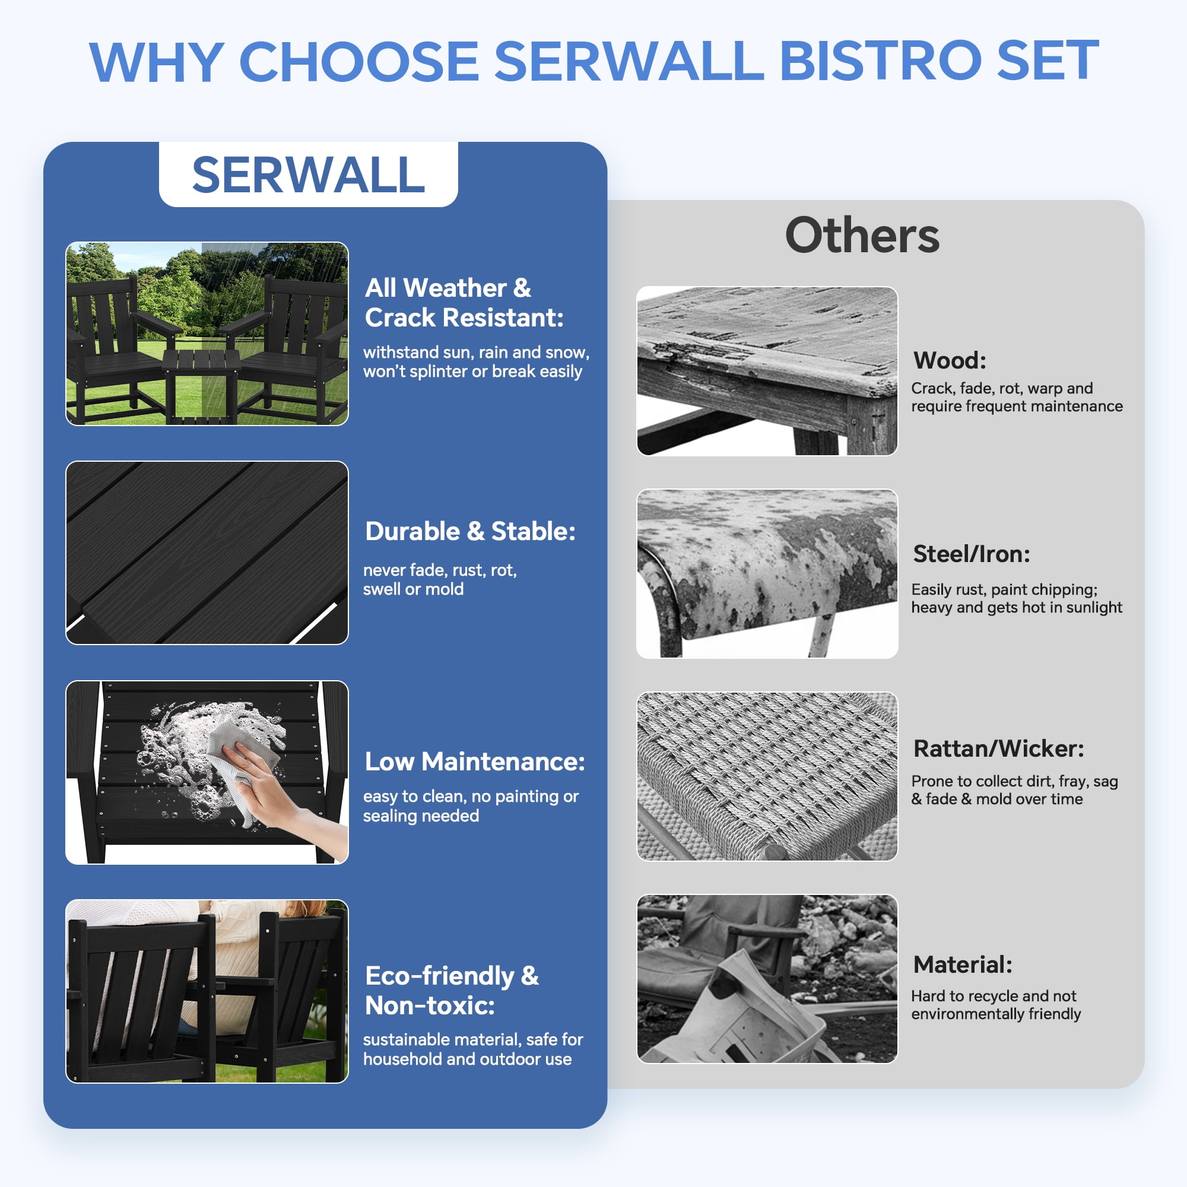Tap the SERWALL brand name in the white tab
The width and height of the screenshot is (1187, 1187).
[309, 175]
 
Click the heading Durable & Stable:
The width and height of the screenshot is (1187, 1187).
[470, 531]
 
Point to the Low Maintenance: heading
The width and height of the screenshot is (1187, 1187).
[475, 761]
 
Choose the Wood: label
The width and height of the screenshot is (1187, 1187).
[949, 360]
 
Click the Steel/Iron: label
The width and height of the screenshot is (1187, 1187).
[972, 554]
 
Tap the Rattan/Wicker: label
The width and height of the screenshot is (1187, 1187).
[999, 749]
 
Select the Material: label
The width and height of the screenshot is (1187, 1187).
[963, 964]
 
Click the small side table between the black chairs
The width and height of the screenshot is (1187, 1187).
[201, 384]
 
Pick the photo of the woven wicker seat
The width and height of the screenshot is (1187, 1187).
[767, 776]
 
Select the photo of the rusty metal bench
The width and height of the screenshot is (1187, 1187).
[767, 574]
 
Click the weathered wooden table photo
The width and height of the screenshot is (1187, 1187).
[767, 371]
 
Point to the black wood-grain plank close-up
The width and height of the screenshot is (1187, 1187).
[207, 553]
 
